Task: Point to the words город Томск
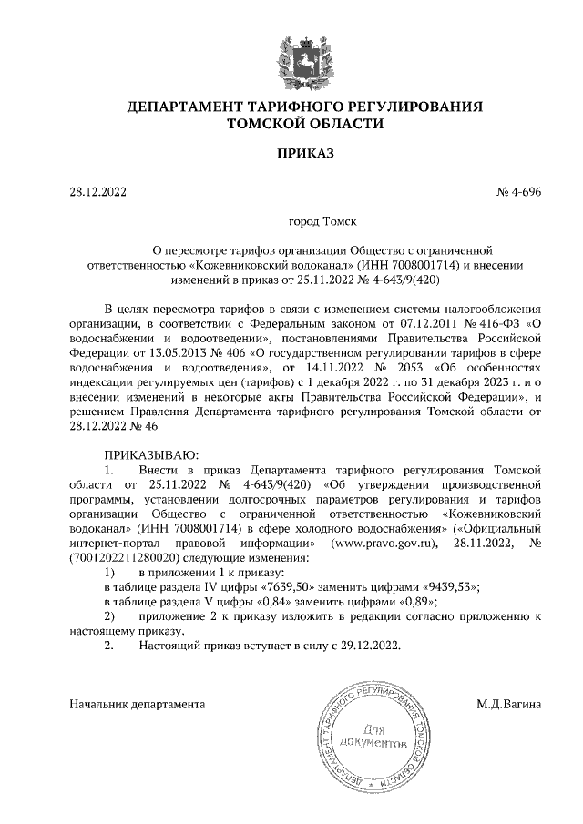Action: click(322, 220)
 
